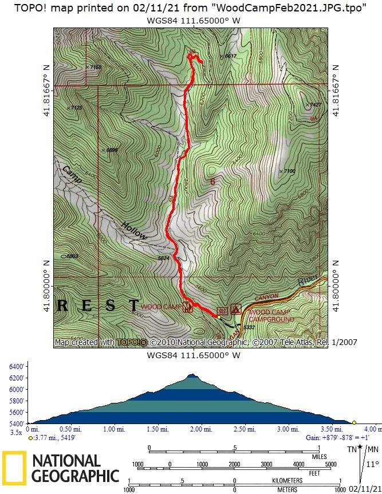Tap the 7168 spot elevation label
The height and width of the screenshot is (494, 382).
coord(95,68)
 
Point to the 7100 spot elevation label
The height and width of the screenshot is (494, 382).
coord(289,171)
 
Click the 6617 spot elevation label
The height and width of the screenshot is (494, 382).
coord(230,56)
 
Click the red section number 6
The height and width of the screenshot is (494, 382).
coord(212,182)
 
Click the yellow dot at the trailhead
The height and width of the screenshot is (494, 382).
coord(219,317)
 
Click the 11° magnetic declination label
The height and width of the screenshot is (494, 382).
coord(372,465)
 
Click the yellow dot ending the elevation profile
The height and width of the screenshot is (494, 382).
coord(354,422)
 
